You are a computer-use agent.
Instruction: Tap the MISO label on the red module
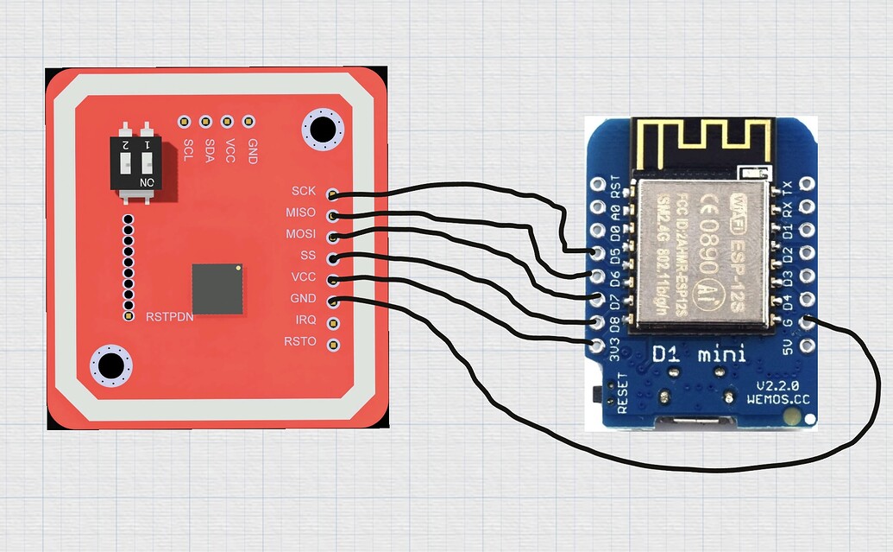click(x=300, y=213)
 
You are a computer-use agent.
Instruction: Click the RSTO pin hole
click(x=333, y=344)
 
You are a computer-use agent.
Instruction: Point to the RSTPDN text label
click(x=169, y=317)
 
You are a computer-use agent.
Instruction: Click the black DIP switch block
click(x=138, y=157)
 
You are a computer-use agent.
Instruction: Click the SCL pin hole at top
click(x=184, y=122)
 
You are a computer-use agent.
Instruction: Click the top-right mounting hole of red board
click(x=323, y=130)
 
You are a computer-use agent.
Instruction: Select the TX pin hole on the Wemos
click(x=808, y=184)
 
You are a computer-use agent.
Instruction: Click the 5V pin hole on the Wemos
click(x=808, y=346)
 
